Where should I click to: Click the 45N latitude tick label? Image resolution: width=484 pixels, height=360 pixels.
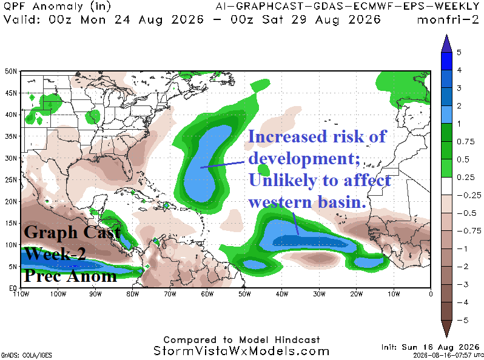(11, 93)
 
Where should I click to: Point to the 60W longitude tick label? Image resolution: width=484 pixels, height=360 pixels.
(207, 294)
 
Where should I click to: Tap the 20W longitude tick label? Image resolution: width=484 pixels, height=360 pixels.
(356, 294)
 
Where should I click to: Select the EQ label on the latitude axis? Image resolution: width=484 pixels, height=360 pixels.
(13, 288)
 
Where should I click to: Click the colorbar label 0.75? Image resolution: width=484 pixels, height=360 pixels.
(465, 142)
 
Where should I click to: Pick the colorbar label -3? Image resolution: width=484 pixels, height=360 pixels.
(463, 284)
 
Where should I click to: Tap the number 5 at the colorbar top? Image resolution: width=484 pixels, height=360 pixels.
(459, 53)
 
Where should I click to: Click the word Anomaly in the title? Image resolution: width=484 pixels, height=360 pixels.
(58, 7)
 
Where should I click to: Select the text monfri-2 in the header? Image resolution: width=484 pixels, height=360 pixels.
(448, 20)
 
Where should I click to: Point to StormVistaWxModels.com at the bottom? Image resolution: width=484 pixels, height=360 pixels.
(241, 351)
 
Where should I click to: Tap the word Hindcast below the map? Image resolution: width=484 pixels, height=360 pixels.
(297, 339)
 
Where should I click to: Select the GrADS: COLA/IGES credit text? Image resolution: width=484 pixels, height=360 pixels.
(26, 355)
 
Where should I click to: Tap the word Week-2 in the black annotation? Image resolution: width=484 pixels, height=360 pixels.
(55, 254)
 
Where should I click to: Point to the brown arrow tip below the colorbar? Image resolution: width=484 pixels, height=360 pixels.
(446, 336)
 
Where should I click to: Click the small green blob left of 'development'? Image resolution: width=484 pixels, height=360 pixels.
(264, 169)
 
